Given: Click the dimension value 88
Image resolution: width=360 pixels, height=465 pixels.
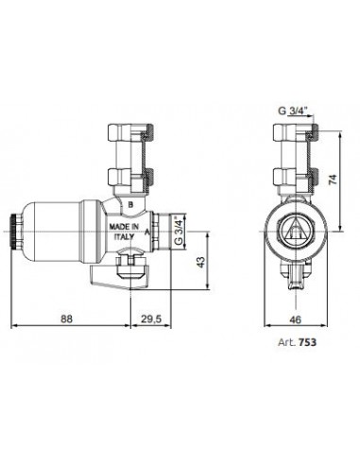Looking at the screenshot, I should [66, 319].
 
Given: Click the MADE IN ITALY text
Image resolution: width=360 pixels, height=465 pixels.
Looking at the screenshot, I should [124, 232].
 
